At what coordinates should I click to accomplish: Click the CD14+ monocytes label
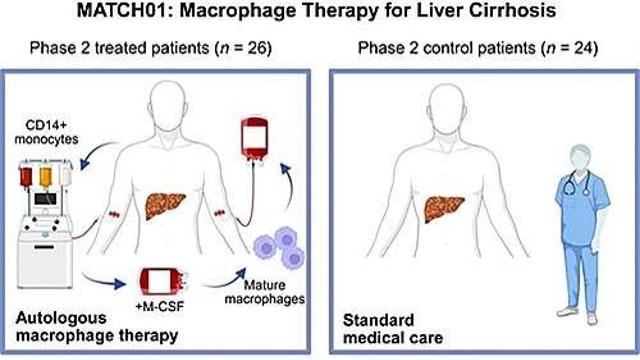[47, 132]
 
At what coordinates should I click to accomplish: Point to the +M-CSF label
[159, 305]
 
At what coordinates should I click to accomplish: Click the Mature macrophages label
[264, 292]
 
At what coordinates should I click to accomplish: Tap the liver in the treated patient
[165, 205]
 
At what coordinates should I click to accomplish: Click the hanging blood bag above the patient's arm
[254, 139]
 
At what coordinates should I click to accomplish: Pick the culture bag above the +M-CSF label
[160, 281]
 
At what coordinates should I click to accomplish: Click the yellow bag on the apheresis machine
[45, 178]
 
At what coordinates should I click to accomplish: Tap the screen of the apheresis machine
[45, 199]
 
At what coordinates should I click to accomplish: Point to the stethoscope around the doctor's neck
[576, 182]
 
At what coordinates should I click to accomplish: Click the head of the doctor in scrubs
[580, 158]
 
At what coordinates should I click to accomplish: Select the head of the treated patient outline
[167, 104]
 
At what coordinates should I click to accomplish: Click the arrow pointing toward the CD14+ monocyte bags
[97, 155]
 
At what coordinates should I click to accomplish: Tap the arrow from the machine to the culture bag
[103, 280]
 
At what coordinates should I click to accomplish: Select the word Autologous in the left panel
[61, 318]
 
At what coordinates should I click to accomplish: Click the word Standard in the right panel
[378, 320]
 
